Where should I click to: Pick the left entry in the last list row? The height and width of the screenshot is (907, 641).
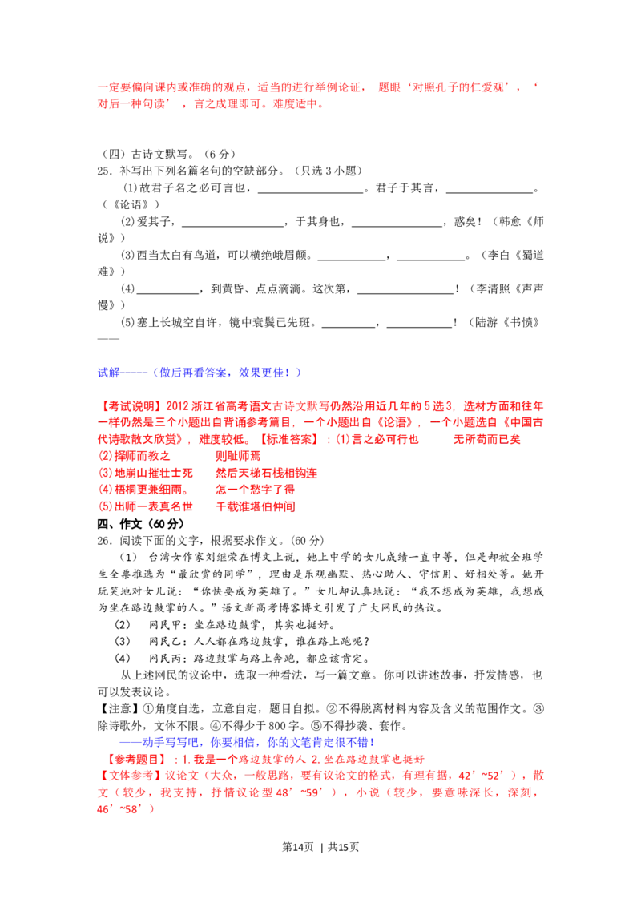click(147, 506)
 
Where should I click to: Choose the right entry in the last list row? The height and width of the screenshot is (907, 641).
click(255, 506)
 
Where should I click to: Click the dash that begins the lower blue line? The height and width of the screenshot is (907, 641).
click(128, 742)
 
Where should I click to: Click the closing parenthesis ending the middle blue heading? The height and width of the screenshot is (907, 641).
click(298, 372)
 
